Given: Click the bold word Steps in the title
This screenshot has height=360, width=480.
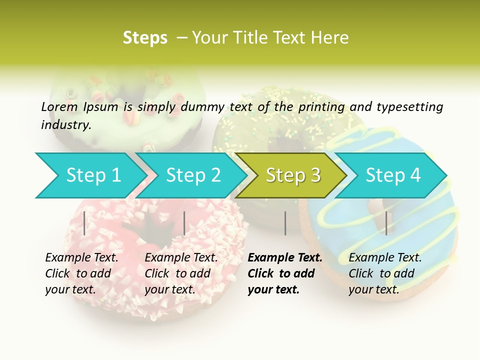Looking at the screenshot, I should pos(145,38).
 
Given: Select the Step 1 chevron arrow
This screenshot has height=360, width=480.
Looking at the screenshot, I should pos(90,175).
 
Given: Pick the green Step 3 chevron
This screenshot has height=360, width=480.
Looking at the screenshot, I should pos(292,175).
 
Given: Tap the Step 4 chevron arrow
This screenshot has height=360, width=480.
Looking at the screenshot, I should pos(392,175).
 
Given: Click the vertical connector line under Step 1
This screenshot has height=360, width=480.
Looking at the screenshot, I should pos(84,223).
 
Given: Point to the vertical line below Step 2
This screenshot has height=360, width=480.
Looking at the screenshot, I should pos(184,223).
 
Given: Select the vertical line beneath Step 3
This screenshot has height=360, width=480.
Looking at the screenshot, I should pos(285,223).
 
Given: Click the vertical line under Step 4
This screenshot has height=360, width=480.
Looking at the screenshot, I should pos(386,223).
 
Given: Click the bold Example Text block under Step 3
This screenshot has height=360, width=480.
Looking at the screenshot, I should pos(284,273).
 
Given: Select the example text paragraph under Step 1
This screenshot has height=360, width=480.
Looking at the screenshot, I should pos(81,273).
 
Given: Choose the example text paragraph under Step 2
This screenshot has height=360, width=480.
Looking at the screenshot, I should pos(181,273).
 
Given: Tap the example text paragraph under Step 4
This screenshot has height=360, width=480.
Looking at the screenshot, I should pos(385,273).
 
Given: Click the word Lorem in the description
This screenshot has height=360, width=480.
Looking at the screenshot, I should pos(59,107).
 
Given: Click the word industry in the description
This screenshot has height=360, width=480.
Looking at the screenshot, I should pos(65,125).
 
